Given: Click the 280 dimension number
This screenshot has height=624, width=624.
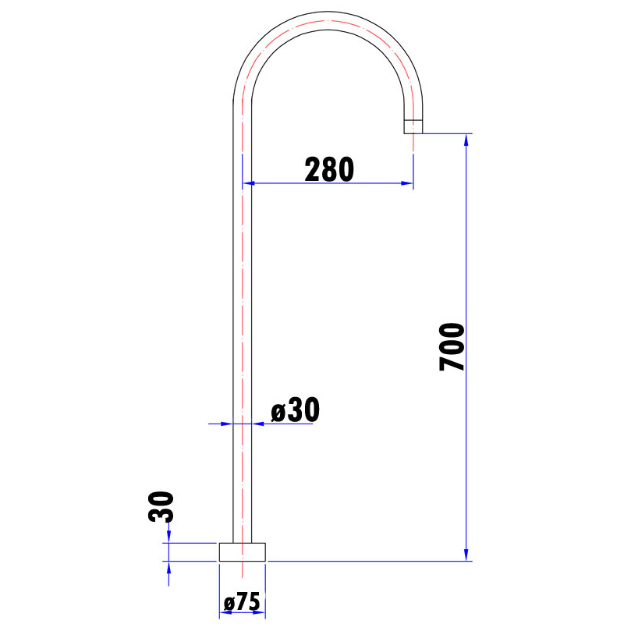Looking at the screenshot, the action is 329,169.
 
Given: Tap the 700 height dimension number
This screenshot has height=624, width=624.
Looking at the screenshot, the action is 452,346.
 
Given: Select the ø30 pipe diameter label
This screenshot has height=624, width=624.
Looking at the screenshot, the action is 295,409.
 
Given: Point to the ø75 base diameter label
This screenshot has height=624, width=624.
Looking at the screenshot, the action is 242,601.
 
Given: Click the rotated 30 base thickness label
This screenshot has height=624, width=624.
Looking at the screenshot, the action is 161,506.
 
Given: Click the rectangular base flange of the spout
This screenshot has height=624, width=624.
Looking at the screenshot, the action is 243,552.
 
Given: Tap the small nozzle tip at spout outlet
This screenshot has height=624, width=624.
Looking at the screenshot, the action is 413,126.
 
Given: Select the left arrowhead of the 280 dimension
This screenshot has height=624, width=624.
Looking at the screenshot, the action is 248,183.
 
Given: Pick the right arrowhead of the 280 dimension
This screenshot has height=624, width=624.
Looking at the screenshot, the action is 406,183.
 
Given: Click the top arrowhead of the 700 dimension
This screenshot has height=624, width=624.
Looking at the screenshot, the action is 466,140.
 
